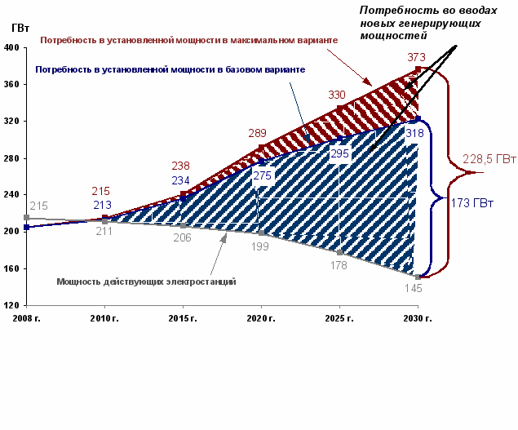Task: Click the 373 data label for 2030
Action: pyautogui.click(x=416, y=57)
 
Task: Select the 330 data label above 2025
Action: pyautogui.click(x=336, y=95)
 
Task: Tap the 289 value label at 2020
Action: pyautogui.click(x=258, y=133)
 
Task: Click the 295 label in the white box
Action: pyautogui.click(x=339, y=153)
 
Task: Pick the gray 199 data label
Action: pyautogui.click(x=260, y=246)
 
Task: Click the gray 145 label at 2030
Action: pyautogui.click(x=415, y=288)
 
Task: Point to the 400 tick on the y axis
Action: pyautogui.click(x=11, y=47)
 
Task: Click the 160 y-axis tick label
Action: pyautogui.click(x=11, y=268)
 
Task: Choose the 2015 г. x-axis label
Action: pyautogui.click(x=183, y=318)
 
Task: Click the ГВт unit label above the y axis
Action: pyautogui.click(x=21, y=27)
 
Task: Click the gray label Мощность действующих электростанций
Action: pyautogui.click(x=146, y=281)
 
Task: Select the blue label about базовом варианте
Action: pyautogui.click(x=170, y=70)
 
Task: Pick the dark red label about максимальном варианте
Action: pyautogui.click(x=188, y=39)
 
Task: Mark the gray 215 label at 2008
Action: pyautogui.click(x=38, y=206)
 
